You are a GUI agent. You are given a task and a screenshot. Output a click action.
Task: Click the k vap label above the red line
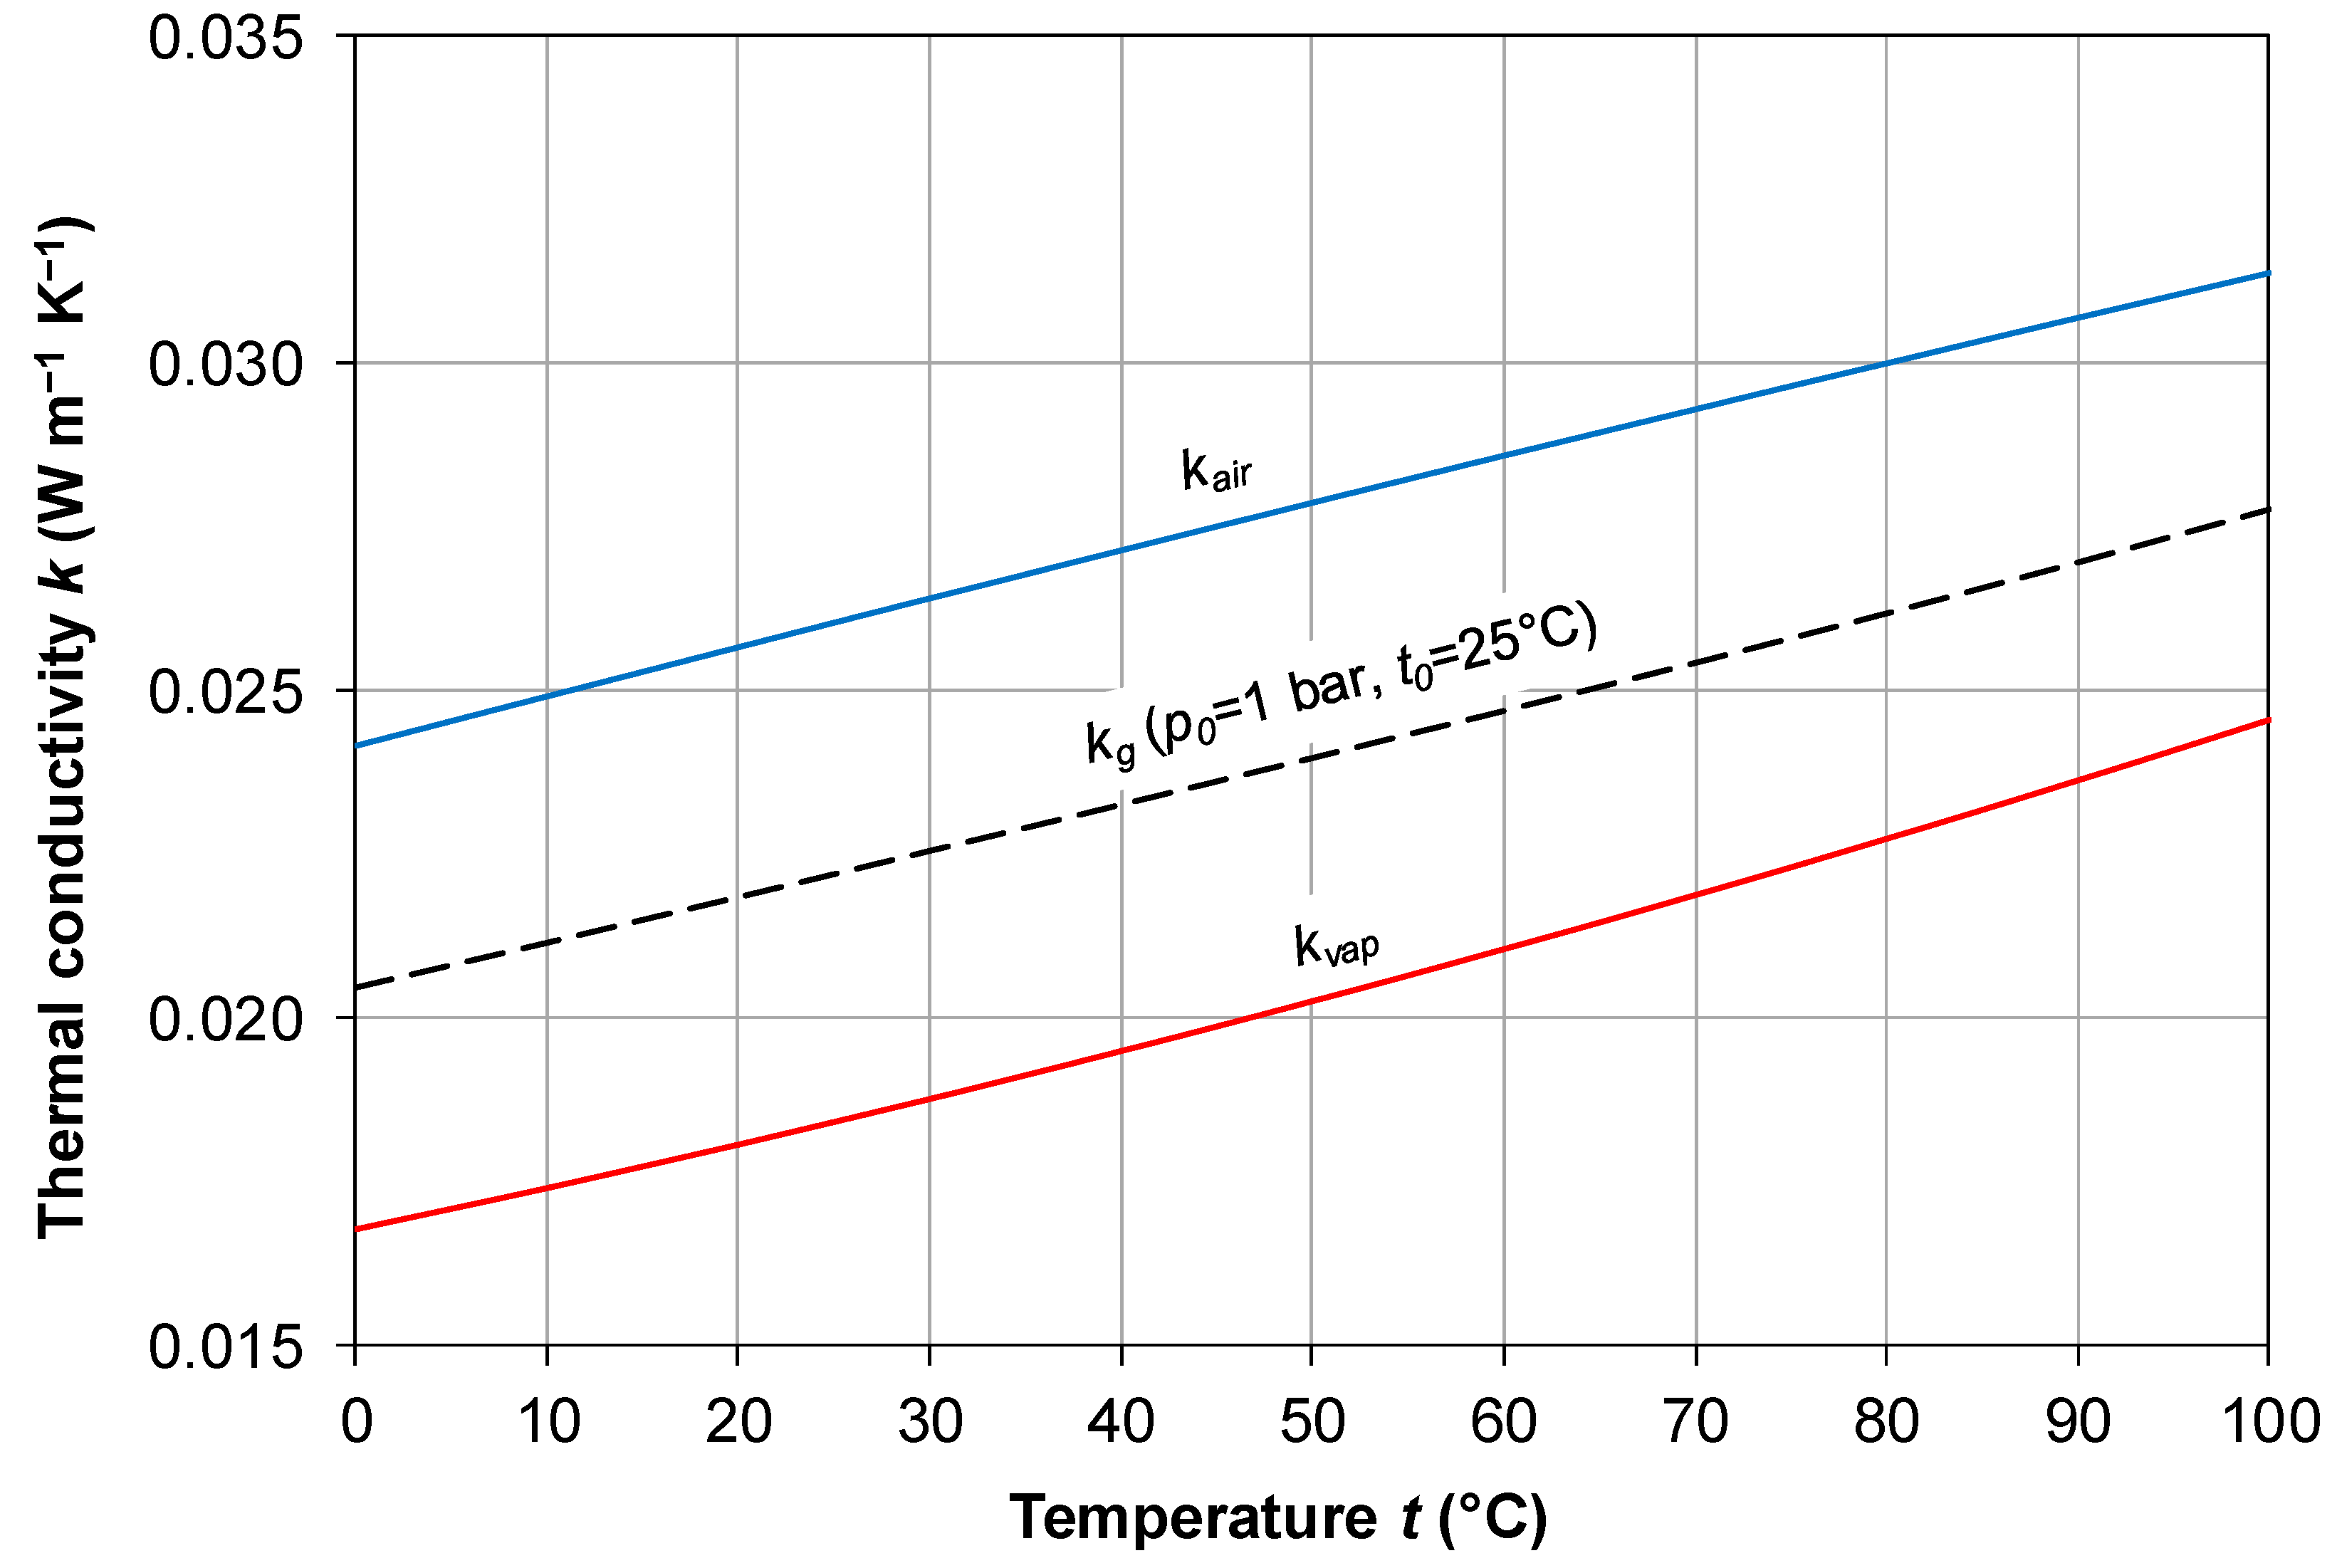[1335, 944]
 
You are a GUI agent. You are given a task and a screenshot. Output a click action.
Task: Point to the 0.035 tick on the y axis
[225, 38]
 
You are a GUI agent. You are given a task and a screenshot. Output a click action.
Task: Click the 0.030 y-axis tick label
[225, 364]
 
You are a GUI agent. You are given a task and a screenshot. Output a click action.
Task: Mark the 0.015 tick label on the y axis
[225, 1346]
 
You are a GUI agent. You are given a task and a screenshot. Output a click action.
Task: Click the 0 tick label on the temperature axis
[356, 1421]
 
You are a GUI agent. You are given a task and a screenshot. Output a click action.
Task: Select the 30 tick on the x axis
[930, 1421]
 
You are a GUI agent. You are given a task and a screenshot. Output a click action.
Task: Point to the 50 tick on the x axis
[1312, 1421]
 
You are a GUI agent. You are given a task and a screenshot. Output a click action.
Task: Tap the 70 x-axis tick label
[1696, 1421]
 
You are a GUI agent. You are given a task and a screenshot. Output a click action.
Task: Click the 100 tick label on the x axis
[2268, 1421]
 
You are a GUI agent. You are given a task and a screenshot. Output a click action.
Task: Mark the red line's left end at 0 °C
[356, 1229]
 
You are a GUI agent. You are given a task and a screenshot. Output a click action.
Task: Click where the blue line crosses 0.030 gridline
[1886, 363]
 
